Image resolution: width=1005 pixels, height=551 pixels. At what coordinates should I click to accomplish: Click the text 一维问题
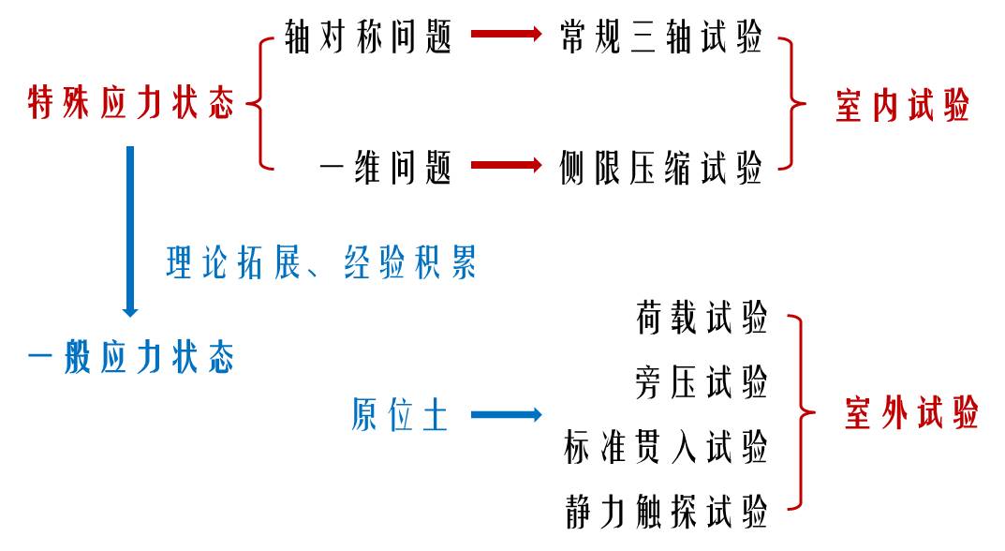[x=386, y=169]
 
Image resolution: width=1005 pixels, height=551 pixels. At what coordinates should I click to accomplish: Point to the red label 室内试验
[x=902, y=107]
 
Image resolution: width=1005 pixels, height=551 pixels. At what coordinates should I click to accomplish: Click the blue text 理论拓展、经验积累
[x=321, y=262]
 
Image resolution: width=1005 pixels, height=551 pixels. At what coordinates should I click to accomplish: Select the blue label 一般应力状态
[x=131, y=358]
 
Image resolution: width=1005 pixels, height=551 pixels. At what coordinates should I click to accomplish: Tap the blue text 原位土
[x=401, y=414]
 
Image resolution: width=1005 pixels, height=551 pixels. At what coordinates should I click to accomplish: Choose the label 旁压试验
[x=702, y=382]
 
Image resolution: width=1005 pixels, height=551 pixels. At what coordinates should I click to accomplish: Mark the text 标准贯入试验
[x=666, y=446]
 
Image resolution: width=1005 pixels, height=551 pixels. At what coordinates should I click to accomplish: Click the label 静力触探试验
[x=666, y=511]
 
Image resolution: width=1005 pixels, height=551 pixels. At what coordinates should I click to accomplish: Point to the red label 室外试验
[x=911, y=413]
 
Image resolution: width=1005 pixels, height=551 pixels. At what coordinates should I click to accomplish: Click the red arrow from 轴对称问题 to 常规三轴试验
[x=506, y=35]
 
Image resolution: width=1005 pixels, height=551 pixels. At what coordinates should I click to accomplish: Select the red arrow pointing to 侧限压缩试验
[x=506, y=166]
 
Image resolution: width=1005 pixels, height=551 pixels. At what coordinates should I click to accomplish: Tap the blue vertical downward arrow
[x=130, y=230]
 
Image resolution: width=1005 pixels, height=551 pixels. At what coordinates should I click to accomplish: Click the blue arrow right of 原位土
[x=506, y=414]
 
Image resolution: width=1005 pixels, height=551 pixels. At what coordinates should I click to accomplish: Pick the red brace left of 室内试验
[x=794, y=103]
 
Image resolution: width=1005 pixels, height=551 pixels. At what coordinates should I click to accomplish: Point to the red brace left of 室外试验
[x=802, y=412]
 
